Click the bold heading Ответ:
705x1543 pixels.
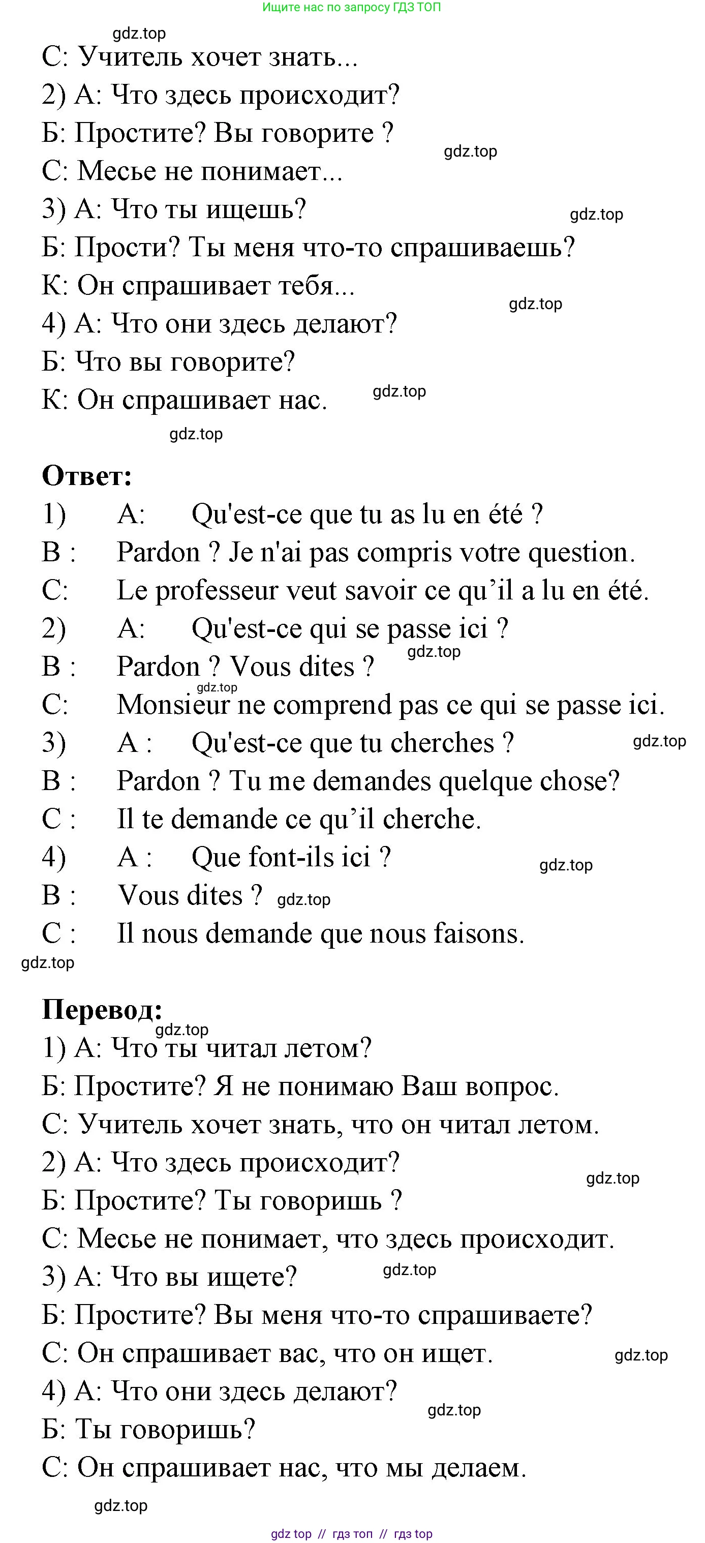pyautogui.click(x=87, y=476)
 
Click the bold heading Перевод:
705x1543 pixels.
pyautogui.click(x=102, y=1010)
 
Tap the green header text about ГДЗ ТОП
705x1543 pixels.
pyautogui.click(x=352, y=7)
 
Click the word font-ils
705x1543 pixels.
pyautogui.click(x=281, y=858)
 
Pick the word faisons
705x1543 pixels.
pyautogui.click(x=479, y=934)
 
